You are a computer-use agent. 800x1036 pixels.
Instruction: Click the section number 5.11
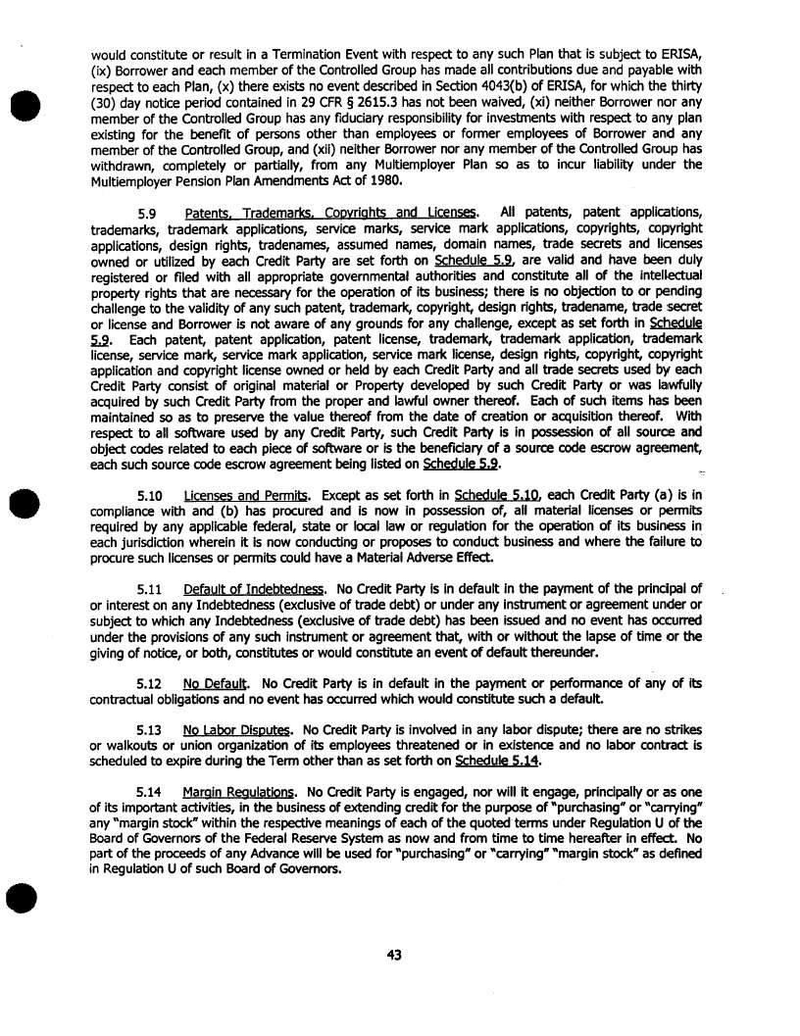147,588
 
